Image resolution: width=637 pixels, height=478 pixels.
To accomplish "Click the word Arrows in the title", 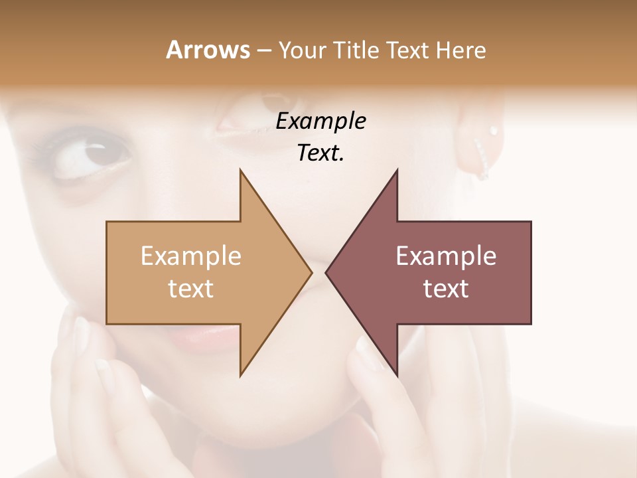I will (x=207, y=50).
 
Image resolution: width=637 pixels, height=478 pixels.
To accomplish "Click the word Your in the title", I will (x=301, y=50).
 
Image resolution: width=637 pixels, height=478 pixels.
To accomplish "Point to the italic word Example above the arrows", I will (x=321, y=121).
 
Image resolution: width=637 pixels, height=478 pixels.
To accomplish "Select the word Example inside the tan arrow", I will (x=191, y=256).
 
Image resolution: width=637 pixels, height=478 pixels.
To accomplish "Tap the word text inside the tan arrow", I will (x=191, y=289).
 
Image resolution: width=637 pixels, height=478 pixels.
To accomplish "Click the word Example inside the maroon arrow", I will (x=446, y=256).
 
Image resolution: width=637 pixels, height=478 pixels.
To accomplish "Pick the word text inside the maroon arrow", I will (x=446, y=289).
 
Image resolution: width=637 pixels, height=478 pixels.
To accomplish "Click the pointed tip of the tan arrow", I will (x=311, y=272).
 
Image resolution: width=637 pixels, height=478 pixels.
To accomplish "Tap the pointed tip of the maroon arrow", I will (x=326, y=272).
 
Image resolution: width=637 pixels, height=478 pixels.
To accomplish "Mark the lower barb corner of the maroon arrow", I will (x=397, y=374).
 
